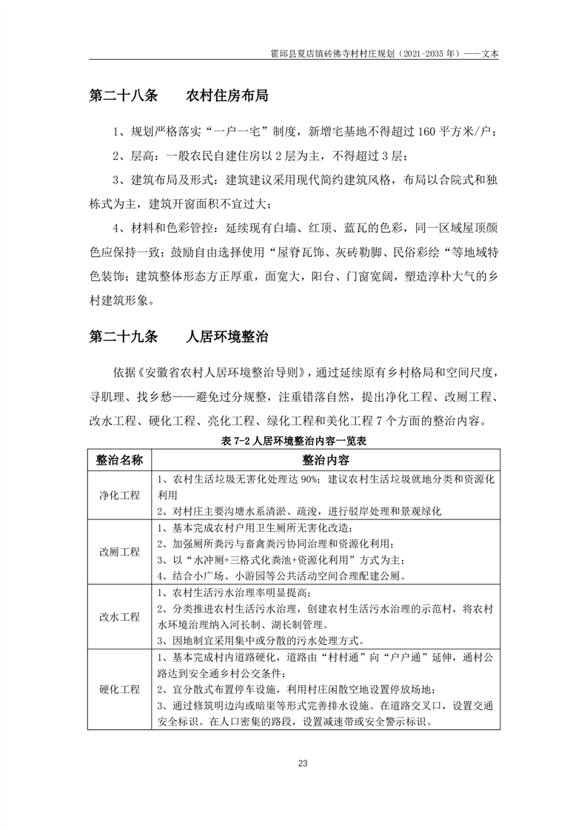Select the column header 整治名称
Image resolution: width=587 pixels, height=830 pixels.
click(x=119, y=459)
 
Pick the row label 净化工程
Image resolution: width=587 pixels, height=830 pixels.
click(x=119, y=495)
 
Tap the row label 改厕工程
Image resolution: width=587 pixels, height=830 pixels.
click(x=119, y=552)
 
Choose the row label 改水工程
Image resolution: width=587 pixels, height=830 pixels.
click(x=119, y=616)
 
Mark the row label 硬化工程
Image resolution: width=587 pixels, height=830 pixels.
click(x=119, y=689)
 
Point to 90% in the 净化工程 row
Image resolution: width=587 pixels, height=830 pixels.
click(x=310, y=479)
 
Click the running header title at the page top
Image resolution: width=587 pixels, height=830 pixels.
click(x=386, y=54)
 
